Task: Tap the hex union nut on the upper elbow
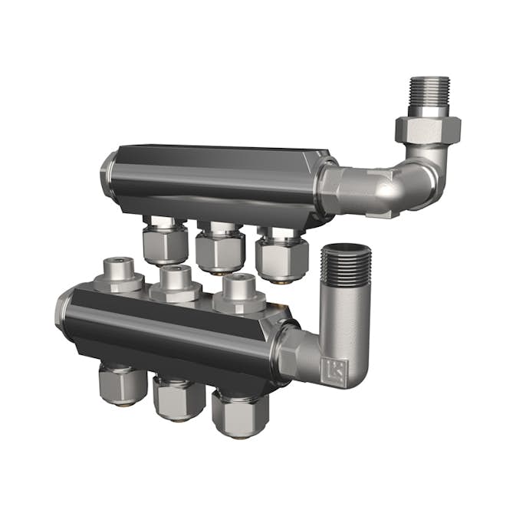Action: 427,127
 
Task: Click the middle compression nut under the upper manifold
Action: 219,250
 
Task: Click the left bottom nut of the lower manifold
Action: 122,383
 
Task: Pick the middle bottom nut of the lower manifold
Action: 178,397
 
